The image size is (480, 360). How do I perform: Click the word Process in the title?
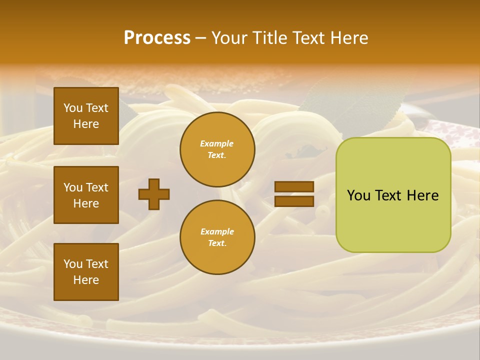coord(157,38)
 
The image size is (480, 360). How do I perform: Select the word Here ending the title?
coord(348,38)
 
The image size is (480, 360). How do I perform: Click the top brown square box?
coord(86,116)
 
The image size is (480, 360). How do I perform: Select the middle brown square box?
coord(86,195)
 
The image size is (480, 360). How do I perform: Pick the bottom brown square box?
coord(86,272)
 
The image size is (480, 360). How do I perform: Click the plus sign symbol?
coord(154,194)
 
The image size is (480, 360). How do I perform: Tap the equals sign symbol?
coord(294,194)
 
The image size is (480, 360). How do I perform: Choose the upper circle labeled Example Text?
coord(217,149)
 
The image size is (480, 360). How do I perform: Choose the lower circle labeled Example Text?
coord(217,237)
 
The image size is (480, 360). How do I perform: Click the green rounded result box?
coord(393,195)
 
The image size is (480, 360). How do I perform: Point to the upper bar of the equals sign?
coord(294,186)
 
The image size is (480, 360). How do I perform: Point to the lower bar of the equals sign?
coord(294,201)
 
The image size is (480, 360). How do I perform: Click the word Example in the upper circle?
coord(217,144)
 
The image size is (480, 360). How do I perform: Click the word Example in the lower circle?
coord(217,231)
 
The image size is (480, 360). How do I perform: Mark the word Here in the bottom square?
coord(86,280)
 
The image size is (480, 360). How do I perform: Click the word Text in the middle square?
coord(97,187)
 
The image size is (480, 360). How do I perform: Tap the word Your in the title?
coord(230,38)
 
